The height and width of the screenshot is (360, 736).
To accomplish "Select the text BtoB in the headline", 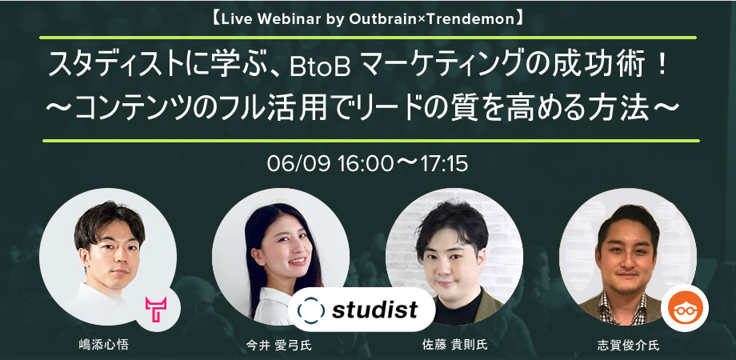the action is click(x=321, y=69).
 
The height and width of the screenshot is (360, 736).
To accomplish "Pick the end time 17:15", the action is click(x=445, y=164).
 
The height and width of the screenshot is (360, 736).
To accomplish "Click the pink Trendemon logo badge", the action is click(x=156, y=309).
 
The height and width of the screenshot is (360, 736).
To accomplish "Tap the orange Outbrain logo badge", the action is click(x=684, y=308).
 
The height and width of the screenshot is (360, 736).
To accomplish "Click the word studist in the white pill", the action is click(x=374, y=310).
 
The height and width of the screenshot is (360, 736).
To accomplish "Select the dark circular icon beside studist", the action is click(x=310, y=310).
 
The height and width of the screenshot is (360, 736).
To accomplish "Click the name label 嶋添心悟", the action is click(x=103, y=346).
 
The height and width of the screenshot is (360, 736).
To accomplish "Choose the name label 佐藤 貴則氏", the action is click(x=455, y=345).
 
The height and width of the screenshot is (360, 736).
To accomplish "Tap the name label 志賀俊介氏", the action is click(x=628, y=346).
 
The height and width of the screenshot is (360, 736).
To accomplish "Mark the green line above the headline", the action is click(x=368, y=38).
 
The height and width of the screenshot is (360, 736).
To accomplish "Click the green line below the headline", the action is click(x=371, y=140).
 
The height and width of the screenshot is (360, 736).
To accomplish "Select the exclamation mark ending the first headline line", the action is click(x=662, y=67).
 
